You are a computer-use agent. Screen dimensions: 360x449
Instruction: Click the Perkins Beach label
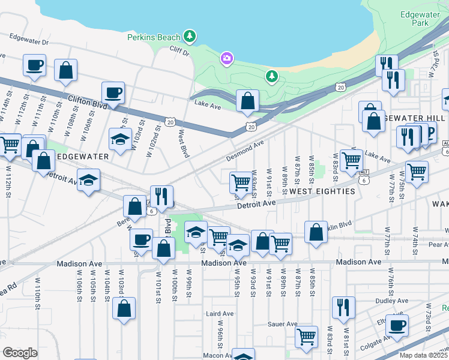pos(154,37)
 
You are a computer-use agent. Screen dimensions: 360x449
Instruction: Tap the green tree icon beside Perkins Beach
pos(190,37)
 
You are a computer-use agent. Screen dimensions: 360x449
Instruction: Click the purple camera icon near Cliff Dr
pos(227,58)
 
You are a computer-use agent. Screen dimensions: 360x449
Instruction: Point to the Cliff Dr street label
pos(179,52)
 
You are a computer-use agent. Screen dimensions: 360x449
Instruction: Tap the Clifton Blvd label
pos(88,101)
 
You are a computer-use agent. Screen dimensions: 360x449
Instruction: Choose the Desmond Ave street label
pos(245,151)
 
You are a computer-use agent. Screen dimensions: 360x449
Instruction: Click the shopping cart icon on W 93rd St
pos(241,182)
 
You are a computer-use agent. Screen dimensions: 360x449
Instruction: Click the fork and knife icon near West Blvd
pos(162,196)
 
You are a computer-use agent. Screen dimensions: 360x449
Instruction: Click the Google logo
pos(20,353)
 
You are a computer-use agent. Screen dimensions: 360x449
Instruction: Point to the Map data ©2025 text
pos(423,355)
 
